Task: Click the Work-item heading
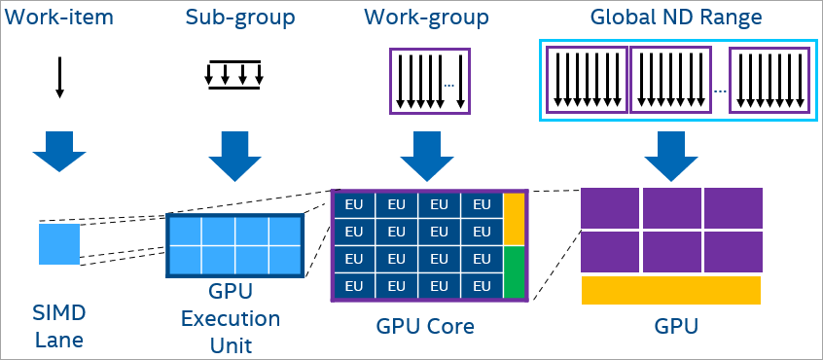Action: click(x=60, y=18)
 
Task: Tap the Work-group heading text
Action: click(x=428, y=18)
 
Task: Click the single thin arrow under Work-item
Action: click(x=59, y=78)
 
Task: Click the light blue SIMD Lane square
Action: click(x=59, y=243)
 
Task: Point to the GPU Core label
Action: click(x=425, y=326)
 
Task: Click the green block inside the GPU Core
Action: click(x=515, y=271)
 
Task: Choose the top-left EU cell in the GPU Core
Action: click(x=354, y=205)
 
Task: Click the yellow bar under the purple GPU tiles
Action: click(x=670, y=290)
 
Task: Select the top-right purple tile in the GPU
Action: click(x=733, y=208)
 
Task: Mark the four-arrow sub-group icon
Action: click(x=234, y=75)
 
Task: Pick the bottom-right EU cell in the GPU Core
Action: click(x=481, y=286)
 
